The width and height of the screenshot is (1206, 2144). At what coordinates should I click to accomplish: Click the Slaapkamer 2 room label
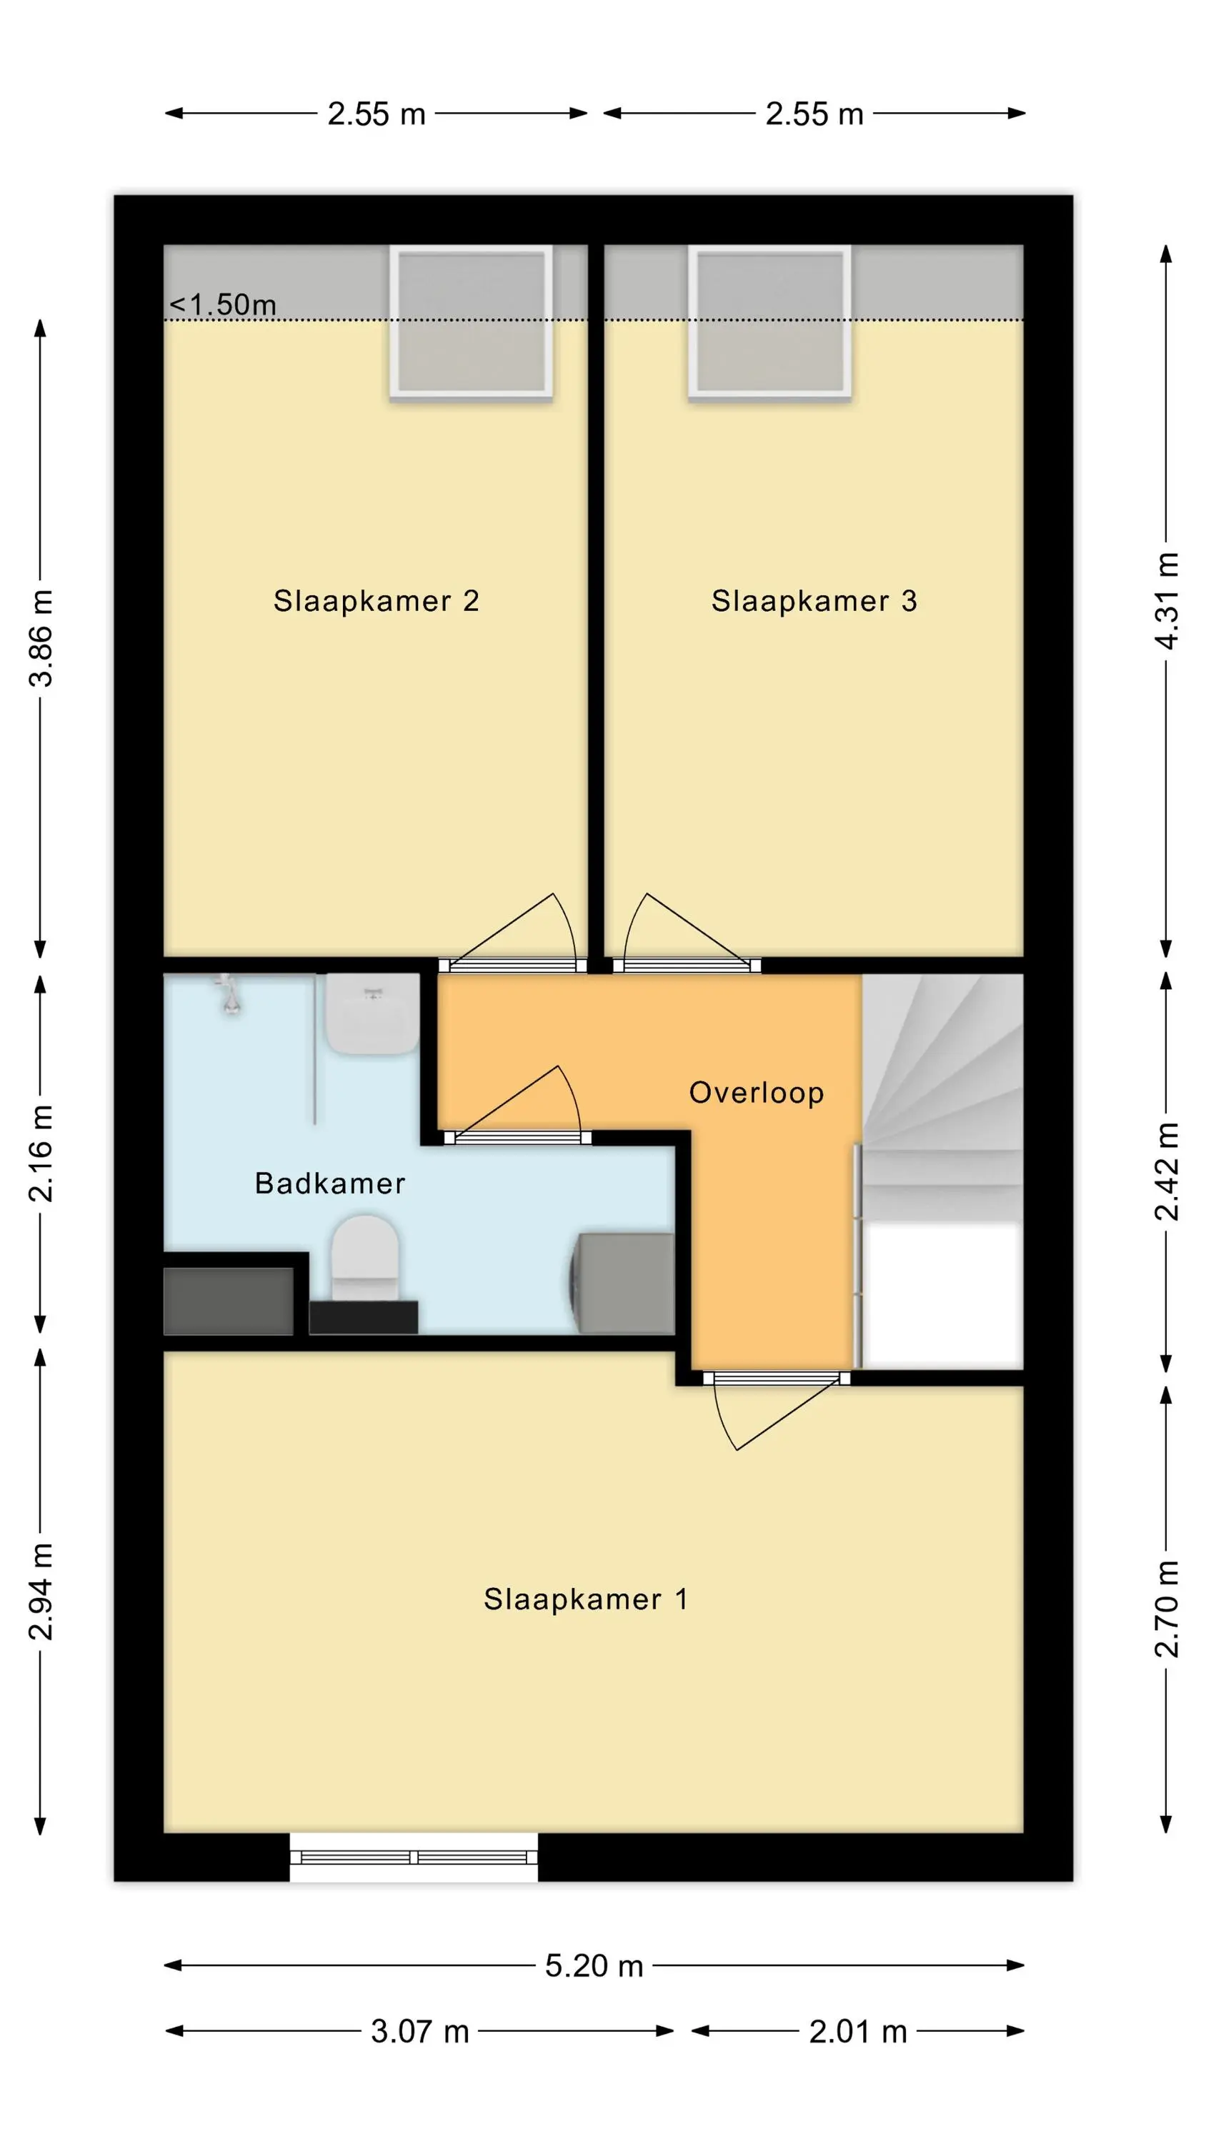[x=377, y=600]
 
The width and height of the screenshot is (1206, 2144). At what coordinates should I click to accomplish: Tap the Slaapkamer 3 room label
[x=814, y=600]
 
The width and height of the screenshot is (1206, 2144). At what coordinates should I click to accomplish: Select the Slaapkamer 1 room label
[x=586, y=1599]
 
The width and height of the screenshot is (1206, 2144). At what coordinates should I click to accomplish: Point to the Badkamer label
[x=329, y=1183]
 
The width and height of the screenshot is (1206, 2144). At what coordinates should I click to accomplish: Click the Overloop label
[x=757, y=1092]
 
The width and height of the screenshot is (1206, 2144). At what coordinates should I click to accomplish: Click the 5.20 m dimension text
[x=594, y=1966]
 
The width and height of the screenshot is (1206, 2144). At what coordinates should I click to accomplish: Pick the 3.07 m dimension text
[x=420, y=2032]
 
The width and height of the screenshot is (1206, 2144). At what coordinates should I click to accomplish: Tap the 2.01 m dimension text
[x=858, y=2032]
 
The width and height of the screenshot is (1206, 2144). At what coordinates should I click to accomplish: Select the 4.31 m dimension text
[x=1167, y=600]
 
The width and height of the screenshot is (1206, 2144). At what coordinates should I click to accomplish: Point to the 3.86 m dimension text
[x=40, y=637]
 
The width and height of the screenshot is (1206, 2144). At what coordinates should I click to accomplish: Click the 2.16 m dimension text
[x=40, y=1153]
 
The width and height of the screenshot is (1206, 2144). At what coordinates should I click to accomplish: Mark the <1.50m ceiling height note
[x=223, y=304]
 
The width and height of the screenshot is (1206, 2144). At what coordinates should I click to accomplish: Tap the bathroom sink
[x=372, y=1013]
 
